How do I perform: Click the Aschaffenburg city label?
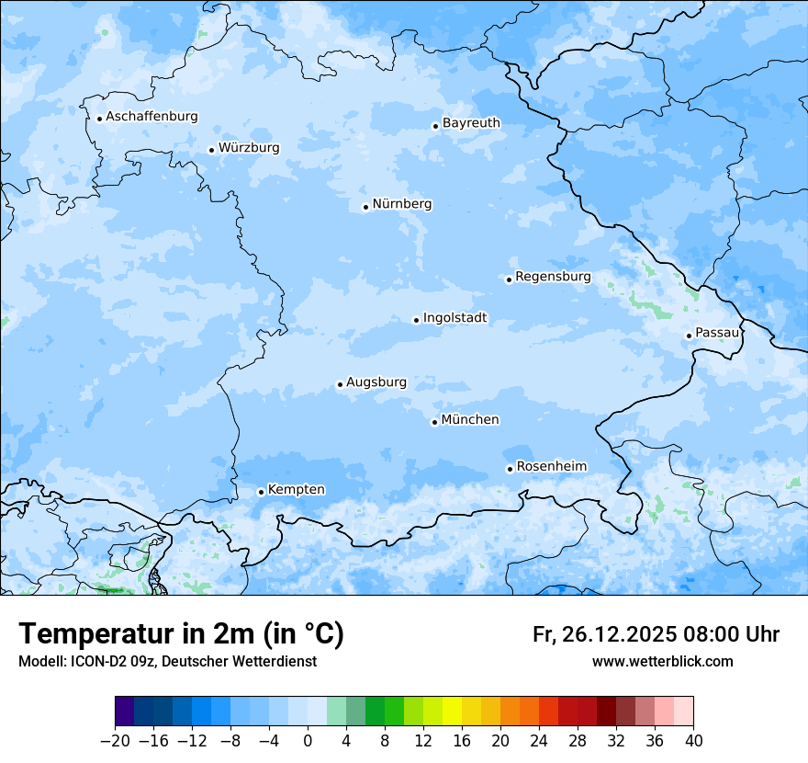click(x=151, y=117)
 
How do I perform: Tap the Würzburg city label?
click(x=249, y=148)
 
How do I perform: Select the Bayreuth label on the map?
click(x=471, y=123)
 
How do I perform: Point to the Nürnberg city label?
click(x=401, y=204)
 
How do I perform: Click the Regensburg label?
click(x=553, y=277)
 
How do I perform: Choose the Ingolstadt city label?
click(x=454, y=318)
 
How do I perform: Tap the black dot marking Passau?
click(x=689, y=336)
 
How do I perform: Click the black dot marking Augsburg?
click(x=340, y=385)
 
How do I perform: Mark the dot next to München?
click(x=434, y=423)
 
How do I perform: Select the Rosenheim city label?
click(x=551, y=467)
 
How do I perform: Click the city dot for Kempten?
click(x=261, y=492)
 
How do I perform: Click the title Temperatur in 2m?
click(x=181, y=634)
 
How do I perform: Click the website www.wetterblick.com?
click(x=662, y=662)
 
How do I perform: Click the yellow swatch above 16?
click(x=452, y=712)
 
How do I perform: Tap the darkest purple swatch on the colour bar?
click(x=125, y=712)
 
